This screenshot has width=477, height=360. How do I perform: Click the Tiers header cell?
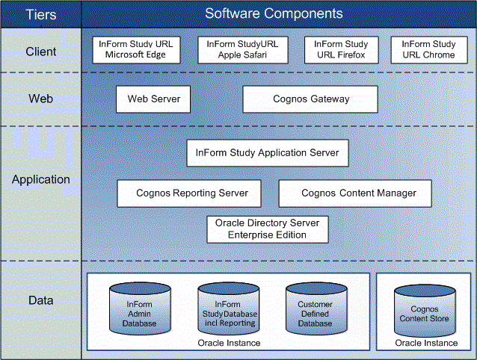[x=40, y=14]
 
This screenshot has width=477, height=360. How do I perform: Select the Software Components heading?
[x=274, y=13]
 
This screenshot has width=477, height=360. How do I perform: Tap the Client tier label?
[x=40, y=52]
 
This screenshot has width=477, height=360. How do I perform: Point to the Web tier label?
[x=40, y=99]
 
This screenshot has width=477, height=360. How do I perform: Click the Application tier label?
[x=40, y=179]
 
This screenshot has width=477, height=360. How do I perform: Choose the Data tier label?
[x=40, y=300]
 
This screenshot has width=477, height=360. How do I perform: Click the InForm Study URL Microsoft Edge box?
[x=136, y=49]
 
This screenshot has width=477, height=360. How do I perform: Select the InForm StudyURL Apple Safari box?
[x=242, y=49]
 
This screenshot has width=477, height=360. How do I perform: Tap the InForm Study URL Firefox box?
[x=341, y=49]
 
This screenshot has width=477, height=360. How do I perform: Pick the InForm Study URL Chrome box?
[x=428, y=49]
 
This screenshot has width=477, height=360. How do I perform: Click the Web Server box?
[x=153, y=99]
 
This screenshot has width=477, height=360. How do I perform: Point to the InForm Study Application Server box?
[x=267, y=153]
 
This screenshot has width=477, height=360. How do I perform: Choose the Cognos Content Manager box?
[x=358, y=193]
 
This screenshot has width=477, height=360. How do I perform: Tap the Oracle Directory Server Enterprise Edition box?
[x=267, y=229]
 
